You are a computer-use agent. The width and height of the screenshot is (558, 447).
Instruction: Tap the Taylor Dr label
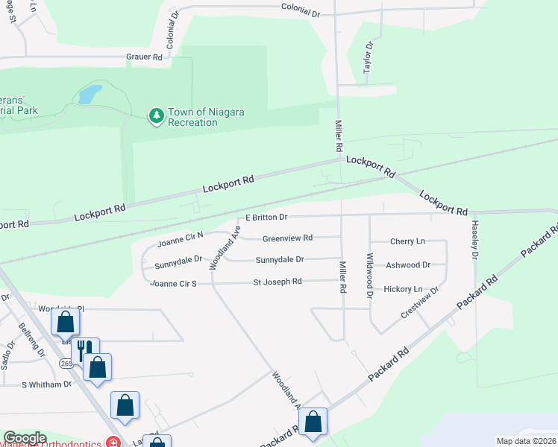(x=367, y=57)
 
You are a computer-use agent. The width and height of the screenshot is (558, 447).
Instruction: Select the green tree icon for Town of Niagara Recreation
(x=156, y=115)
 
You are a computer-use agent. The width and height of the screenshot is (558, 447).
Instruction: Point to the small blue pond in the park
(x=90, y=94)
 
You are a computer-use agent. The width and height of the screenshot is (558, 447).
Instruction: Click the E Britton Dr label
(x=266, y=218)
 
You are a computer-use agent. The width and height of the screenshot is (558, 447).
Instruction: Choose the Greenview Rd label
(x=287, y=238)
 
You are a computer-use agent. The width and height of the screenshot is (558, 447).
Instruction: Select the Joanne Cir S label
(x=173, y=283)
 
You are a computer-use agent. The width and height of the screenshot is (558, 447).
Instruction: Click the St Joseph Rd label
(x=278, y=282)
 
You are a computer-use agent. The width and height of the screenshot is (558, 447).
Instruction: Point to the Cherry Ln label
(x=407, y=241)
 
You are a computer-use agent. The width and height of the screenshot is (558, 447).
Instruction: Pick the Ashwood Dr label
(x=408, y=264)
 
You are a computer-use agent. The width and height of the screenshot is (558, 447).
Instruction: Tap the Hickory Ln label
(x=404, y=289)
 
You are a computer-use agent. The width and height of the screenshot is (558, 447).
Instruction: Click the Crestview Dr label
(x=419, y=302)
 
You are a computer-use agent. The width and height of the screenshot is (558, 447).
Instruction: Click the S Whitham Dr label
(x=46, y=384)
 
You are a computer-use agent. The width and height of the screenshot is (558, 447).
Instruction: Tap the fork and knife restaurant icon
(x=85, y=349)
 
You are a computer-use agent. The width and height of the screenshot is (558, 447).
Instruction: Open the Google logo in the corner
(x=25, y=438)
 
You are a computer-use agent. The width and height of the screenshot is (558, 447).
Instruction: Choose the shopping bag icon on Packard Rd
(x=314, y=421)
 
